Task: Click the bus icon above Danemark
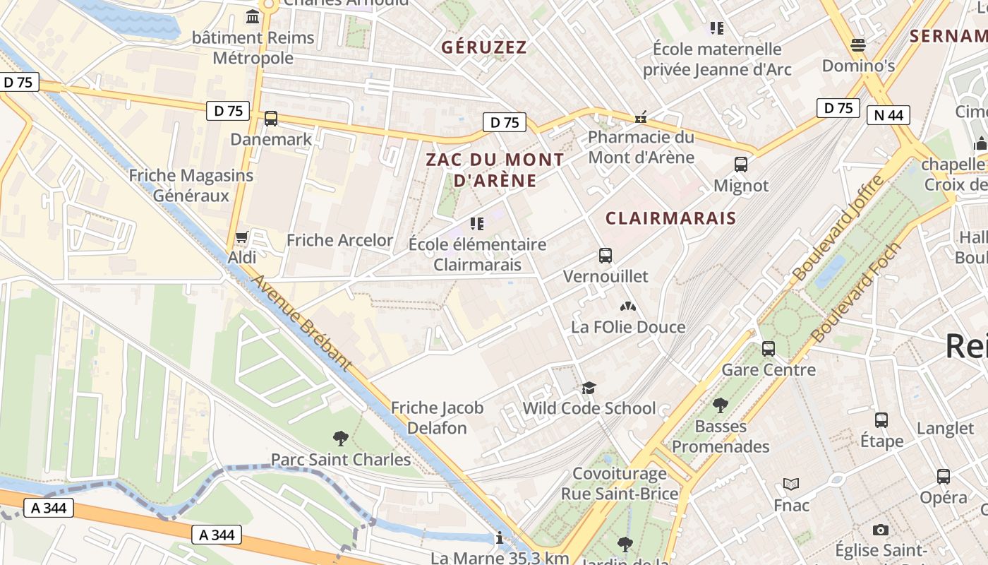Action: coord(271,119)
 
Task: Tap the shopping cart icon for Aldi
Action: coord(242,237)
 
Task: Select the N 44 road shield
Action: coord(888,114)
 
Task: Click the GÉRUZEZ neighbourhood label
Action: coord(484,47)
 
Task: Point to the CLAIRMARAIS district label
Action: coord(670,218)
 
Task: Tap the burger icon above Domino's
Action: coord(858,45)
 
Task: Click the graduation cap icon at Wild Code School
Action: coord(589,388)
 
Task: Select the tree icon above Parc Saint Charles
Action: coord(341,439)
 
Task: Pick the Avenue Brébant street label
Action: coord(302,322)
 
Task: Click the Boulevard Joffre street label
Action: coord(838,227)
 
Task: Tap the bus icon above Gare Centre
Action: coord(768,349)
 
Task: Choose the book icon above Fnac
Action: coord(791,484)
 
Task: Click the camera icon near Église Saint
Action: coord(880,530)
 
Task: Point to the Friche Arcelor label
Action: coord(339,240)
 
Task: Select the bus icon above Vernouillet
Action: coord(605,256)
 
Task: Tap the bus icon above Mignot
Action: coord(740,165)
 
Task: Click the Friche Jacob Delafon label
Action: coord(438,417)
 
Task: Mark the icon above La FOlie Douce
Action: coord(627,307)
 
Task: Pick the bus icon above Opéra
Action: coord(944,476)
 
